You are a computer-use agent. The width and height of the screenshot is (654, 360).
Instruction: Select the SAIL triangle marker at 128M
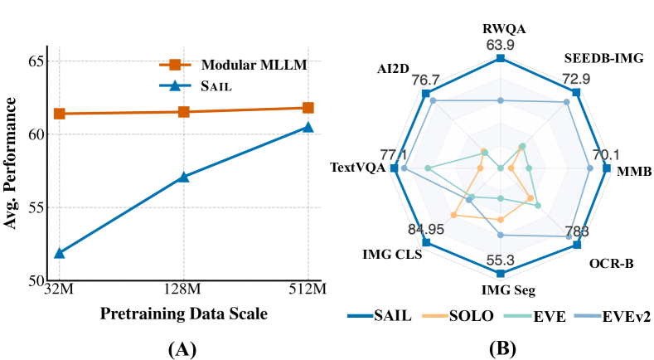pyautogui.click(x=184, y=177)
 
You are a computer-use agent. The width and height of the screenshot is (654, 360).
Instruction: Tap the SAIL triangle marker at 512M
pyautogui.click(x=308, y=127)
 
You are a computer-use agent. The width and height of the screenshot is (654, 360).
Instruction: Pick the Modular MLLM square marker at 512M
pyautogui.click(x=308, y=107)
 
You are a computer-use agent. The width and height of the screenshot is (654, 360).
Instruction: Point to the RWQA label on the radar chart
pyautogui.click(x=501, y=27)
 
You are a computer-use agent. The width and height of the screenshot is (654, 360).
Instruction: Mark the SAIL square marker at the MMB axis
pyautogui.click(x=607, y=168)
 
